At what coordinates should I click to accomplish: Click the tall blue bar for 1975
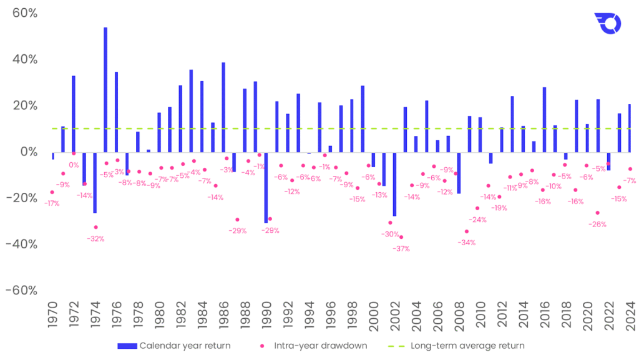click(105, 89)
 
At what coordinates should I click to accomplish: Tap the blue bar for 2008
click(459, 172)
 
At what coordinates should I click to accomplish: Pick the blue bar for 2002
click(394, 183)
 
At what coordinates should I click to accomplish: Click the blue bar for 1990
click(266, 187)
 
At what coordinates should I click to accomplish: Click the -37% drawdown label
click(401, 248)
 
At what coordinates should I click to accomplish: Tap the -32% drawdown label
click(95, 238)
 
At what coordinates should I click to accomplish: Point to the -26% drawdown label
click(597, 224)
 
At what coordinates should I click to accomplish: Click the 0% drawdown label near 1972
click(74, 165)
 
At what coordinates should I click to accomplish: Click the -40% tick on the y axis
click(21, 244)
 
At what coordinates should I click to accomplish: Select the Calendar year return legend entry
click(174, 345)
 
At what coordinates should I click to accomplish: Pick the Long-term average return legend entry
click(462, 345)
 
